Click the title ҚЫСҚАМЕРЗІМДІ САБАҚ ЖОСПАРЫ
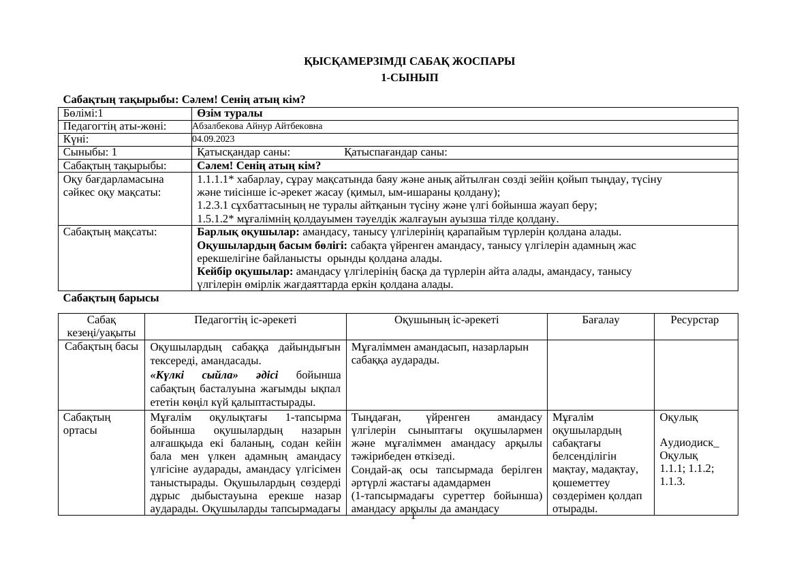tap(409, 61)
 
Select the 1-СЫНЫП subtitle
tap(409, 78)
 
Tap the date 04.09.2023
tap(213, 139)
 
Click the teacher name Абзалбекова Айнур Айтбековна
tap(257, 126)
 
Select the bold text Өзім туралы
tap(230, 113)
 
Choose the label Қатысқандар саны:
tap(244, 152)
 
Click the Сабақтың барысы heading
tap(111, 298)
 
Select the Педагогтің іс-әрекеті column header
tap(245, 319)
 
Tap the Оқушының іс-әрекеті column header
tap(446, 319)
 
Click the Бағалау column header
tap(600, 319)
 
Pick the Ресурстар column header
tap(696, 319)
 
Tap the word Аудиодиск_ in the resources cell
tap(689, 442)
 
